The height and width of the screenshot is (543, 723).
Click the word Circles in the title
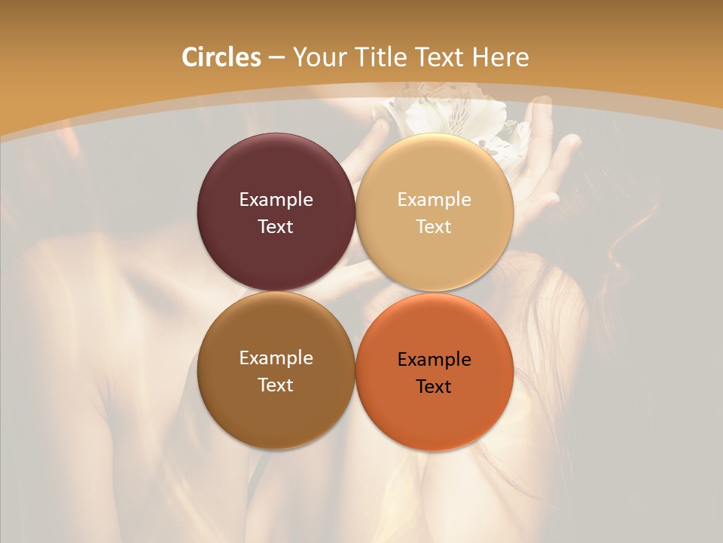221,57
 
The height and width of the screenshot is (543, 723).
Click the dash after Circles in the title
276,58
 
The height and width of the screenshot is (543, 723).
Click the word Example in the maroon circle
276,200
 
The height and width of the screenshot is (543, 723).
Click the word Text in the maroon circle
276,227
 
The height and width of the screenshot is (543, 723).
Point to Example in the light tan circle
434,200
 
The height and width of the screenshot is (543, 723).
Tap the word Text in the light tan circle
434,227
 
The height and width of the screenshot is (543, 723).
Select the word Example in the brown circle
276,358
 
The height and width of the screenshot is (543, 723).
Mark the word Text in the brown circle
276,385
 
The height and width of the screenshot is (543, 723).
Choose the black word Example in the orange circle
434,360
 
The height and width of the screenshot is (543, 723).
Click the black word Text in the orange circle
434,387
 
